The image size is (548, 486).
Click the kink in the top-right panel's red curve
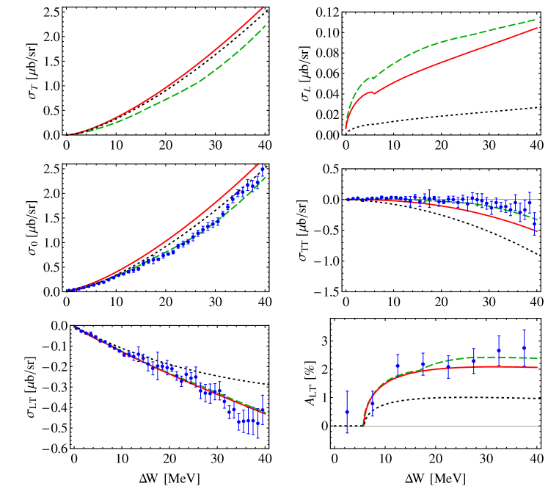[373, 92]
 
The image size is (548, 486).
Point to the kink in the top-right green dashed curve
[372, 77]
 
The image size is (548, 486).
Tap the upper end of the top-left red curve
[263, 7]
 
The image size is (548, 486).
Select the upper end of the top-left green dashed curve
[265, 26]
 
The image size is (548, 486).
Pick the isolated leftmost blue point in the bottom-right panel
[347, 412]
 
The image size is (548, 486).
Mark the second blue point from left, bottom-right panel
[373, 403]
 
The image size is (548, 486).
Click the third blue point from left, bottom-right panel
[398, 365]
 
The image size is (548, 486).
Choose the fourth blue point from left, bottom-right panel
[423, 364]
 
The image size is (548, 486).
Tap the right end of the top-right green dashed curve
[537, 20]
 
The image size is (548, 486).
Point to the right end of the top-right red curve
[537, 29]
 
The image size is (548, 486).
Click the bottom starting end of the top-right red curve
[346, 129]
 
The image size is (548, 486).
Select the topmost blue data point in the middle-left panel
[263, 170]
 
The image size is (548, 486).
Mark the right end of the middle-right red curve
[537, 232]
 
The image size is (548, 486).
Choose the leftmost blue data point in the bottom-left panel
[76, 327]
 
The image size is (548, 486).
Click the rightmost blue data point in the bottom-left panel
[262, 412]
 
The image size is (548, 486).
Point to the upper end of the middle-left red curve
[259, 164]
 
